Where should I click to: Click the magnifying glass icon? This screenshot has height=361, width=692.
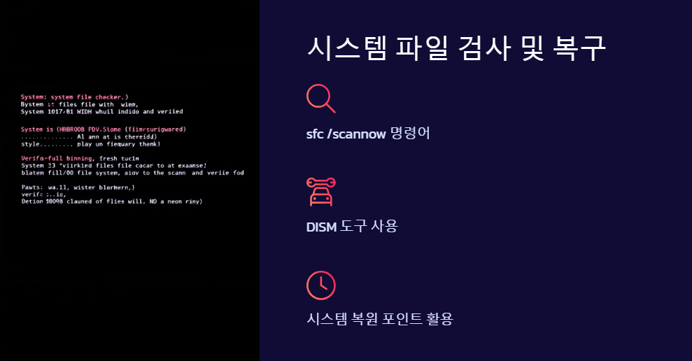[x=320, y=98]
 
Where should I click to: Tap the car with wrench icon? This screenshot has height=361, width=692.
[x=321, y=192]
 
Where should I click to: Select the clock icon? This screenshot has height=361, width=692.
[x=321, y=285]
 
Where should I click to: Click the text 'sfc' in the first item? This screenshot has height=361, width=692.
[x=315, y=133]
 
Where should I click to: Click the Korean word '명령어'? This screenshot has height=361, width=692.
[x=409, y=133]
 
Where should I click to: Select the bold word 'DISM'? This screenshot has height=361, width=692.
[x=321, y=226]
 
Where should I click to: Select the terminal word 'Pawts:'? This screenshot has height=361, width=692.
[x=31, y=187]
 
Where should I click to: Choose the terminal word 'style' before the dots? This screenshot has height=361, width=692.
[x=30, y=144]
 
